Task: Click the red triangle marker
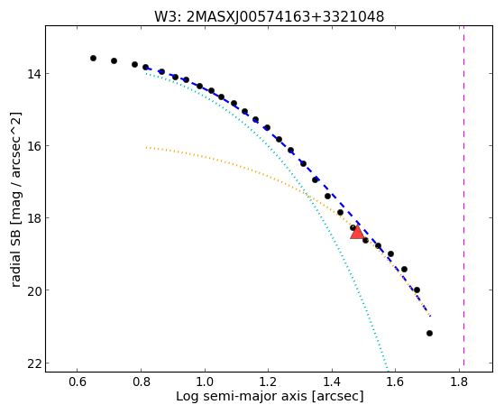pos(357,233)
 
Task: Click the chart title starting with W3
pos(269,17)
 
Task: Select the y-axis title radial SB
pos(15,199)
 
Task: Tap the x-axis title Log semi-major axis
pos(270,396)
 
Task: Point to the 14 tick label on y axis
pos(33,74)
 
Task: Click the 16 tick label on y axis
pos(33,146)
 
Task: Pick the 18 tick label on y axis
pos(33,217)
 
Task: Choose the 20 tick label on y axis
pos(33,290)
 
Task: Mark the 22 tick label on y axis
pos(33,363)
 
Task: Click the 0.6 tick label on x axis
pos(78,382)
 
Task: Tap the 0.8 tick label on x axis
pos(141,382)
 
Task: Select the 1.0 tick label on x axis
pos(205,382)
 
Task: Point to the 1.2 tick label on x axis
pos(268,382)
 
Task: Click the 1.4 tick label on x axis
pos(332,382)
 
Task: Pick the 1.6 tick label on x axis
pos(396,382)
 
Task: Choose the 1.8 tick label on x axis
pos(459,382)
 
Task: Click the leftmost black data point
pos(93,59)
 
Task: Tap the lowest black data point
pos(429,333)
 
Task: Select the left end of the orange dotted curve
pos(146,147)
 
